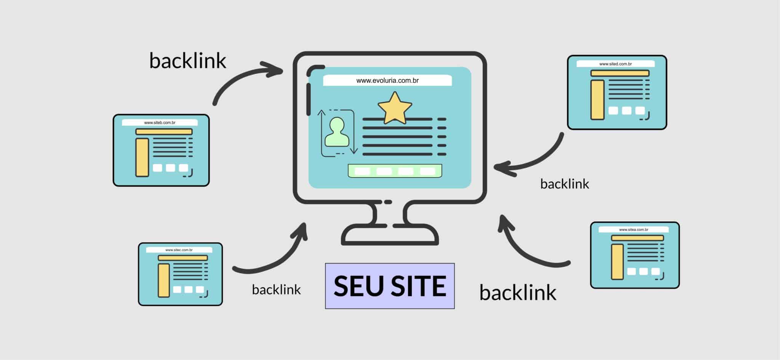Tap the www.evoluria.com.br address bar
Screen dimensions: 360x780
[x=387, y=80]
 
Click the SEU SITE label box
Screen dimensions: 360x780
[x=390, y=286]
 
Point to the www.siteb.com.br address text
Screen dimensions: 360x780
[x=160, y=123]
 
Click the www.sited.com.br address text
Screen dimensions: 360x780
[x=615, y=64]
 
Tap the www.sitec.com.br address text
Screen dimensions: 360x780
[x=179, y=250]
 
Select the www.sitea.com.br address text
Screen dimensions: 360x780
[x=633, y=230]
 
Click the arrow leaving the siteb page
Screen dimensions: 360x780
[x=244, y=78]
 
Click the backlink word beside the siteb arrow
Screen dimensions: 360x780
[x=188, y=61]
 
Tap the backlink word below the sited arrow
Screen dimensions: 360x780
[x=564, y=184]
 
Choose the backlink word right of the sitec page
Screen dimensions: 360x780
[x=276, y=290]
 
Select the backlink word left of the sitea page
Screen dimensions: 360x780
[x=518, y=293]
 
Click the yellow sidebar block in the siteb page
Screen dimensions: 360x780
[x=142, y=157]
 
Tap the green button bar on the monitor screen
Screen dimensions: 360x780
[x=395, y=171]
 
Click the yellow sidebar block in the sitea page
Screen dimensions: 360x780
[x=617, y=262]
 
